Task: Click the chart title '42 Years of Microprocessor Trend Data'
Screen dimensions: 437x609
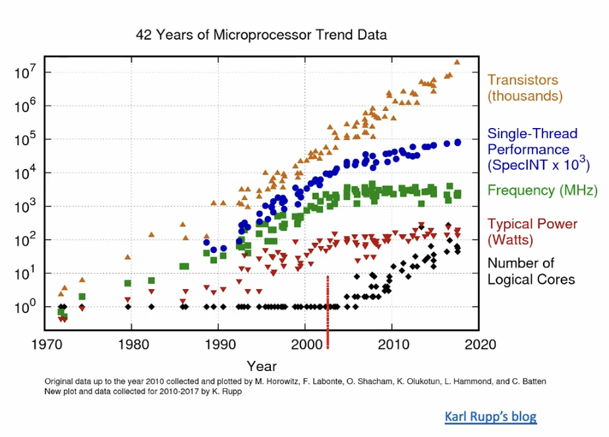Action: coord(261,34)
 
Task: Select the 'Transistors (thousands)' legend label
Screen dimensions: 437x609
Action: coord(525,88)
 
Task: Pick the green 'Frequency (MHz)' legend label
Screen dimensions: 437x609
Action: coord(532,190)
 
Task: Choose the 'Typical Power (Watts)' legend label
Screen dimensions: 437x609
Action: coord(523,232)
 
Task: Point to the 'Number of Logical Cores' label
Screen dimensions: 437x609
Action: coord(531,271)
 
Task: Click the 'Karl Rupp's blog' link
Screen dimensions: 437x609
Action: coord(490,417)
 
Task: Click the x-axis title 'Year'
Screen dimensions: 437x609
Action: coord(262,366)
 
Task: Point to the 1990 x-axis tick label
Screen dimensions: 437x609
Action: coord(219,344)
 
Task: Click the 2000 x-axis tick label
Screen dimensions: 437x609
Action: coord(306,344)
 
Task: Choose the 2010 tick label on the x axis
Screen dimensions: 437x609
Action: coord(393,344)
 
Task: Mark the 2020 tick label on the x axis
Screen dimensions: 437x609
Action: coord(479,344)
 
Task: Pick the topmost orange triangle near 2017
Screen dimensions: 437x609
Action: coord(457,62)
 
